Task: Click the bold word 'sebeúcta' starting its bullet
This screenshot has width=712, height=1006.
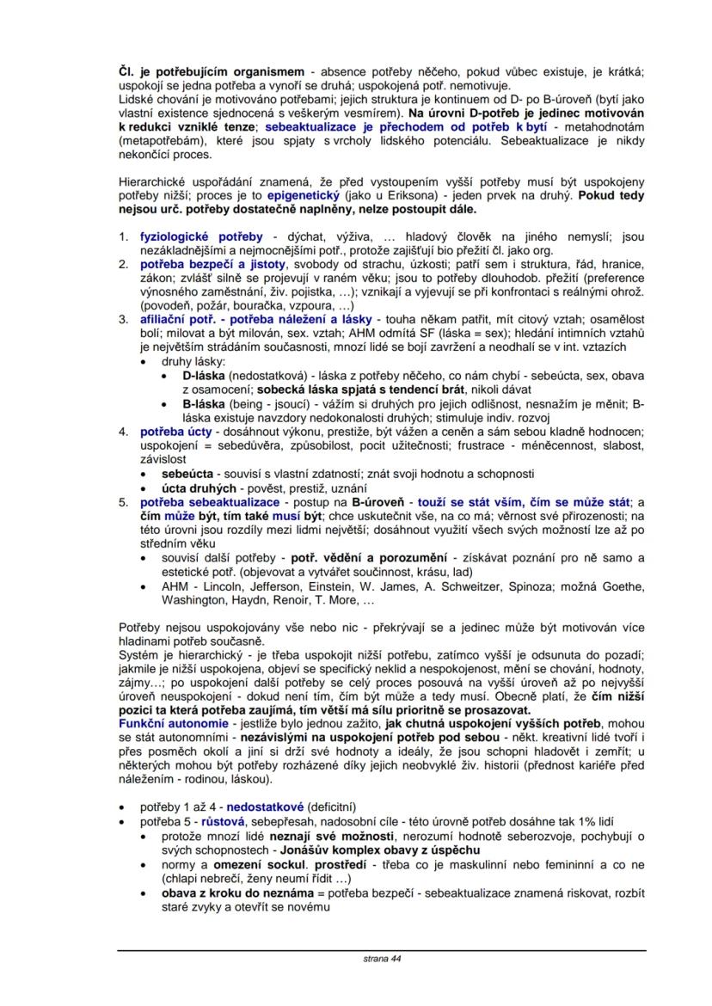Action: coord(187,472)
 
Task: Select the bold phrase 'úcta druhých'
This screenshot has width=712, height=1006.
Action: coord(199,487)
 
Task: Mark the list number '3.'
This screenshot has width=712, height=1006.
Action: coord(124,319)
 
